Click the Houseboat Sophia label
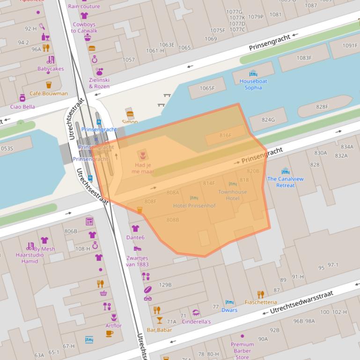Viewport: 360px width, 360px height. point(253,84)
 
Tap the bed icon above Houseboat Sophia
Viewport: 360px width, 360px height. point(253,73)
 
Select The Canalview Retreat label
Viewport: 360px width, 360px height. point(285,182)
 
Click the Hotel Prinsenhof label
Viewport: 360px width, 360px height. point(194,206)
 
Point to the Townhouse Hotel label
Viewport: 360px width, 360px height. point(232,195)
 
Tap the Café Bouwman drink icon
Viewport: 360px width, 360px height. point(49,85)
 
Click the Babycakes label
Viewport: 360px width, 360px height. point(51,69)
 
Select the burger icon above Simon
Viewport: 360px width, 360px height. point(130,114)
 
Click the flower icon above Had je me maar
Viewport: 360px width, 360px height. point(142,154)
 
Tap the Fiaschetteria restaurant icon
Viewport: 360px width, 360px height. point(261,294)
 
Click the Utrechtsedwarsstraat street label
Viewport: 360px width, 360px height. point(301,302)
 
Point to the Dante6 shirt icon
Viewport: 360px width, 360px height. point(135,229)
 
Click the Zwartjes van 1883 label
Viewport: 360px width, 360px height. point(137,261)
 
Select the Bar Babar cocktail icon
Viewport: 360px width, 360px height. point(160,320)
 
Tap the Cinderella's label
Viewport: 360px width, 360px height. point(196,322)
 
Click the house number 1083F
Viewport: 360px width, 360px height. point(304,58)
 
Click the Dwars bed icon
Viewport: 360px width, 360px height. point(229,302)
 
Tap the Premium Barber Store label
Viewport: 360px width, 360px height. point(242,351)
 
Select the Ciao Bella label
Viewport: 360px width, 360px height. point(22,107)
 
